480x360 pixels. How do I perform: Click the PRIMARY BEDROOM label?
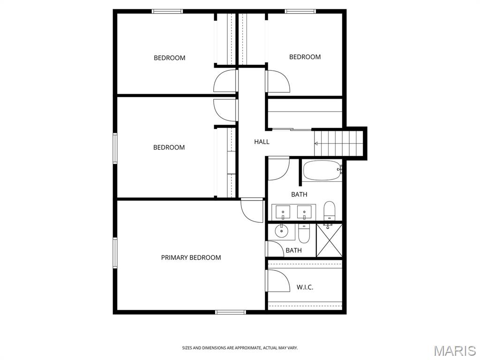point(191,257)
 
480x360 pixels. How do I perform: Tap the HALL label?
point(262,142)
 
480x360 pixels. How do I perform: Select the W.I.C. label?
point(305,287)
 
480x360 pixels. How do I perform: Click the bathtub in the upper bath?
point(322,170)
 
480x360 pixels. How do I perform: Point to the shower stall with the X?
point(329,240)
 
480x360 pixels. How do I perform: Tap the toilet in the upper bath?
point(330,210)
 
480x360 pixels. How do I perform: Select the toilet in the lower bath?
point(304,233)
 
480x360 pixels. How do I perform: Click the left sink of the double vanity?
point(283,212)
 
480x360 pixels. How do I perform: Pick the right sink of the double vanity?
point(304,212)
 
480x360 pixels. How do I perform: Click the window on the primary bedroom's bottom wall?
point(231,312)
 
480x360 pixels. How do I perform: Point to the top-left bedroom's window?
point(167,11)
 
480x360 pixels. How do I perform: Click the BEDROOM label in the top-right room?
point(305,57)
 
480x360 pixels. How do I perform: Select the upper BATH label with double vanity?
point(299,195)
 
